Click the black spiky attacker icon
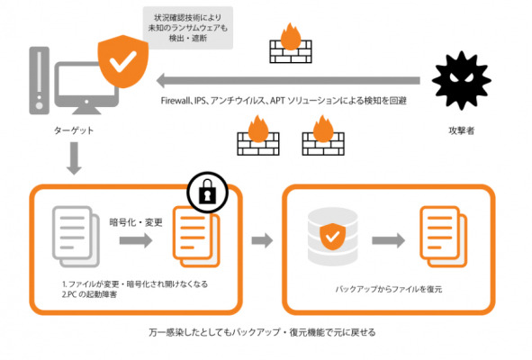[x=462, y=80]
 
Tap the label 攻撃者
[x=462, y=130]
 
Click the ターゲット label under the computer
[x=74, y=130]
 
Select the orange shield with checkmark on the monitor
[x=123, y=61]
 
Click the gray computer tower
[x=40, y=80]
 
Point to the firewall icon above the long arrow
[x=291, y=43]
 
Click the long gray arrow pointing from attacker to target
[x=288, y=81]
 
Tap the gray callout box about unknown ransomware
[x=187, y=28]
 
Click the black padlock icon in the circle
[x=207, y=192]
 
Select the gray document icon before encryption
[x=76, y=237]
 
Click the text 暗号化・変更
[x=136, y=222]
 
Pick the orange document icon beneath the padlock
[x=196, y=237]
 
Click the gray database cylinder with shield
[x=332, y=236]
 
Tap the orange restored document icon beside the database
[x=444, y=237]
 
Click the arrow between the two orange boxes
[x=262, y=240]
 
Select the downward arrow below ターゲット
[x=74, y=158]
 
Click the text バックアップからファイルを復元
[x=389, y=289]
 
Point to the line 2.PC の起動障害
[x=89, y=294]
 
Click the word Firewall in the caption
[x=175, y=101]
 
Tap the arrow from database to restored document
[x=389, y=240]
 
